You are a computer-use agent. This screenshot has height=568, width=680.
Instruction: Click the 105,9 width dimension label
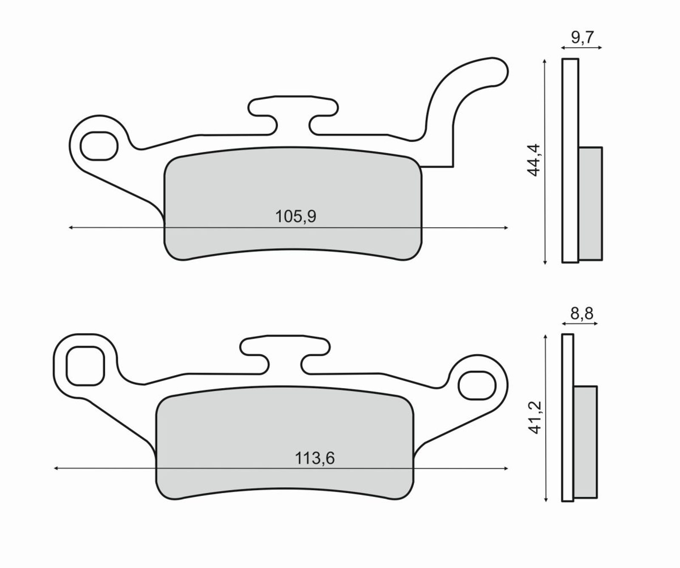(x=296, y=217)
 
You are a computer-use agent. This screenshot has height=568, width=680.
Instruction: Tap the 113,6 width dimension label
(x=314, y=458)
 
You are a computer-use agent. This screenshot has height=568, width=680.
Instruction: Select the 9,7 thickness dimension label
(x=581, y=38)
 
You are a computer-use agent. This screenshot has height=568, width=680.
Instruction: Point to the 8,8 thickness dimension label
(x=581, y=314)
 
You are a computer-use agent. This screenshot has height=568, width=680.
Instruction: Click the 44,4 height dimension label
(x=533, y=160)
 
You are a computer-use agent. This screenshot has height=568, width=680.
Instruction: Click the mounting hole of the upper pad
(x=99, y=146)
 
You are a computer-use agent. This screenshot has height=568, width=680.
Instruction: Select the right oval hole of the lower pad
(x=477, y=385)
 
